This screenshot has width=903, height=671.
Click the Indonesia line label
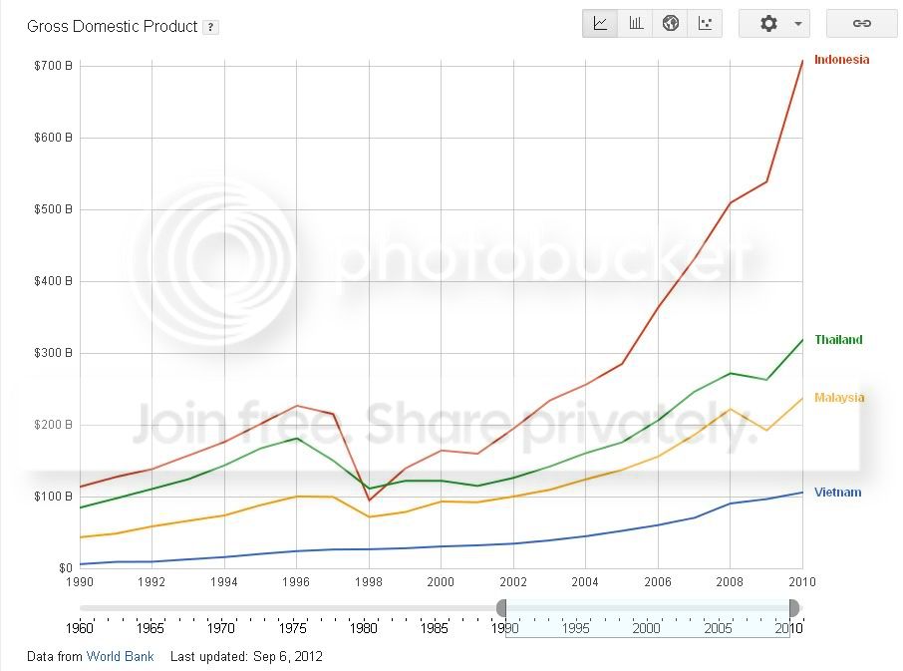click(841, 60)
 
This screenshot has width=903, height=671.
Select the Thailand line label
click(838, 340)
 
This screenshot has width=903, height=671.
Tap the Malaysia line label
click(839, 398)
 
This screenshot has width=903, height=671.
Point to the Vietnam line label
click(837, 493)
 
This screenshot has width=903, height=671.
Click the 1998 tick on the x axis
click(369, 582)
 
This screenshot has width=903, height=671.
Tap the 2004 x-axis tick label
click(585, 582)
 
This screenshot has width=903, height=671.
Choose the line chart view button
click(601, 24)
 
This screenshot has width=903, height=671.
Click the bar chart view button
click(636, 24)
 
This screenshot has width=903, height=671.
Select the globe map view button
click(671, 24)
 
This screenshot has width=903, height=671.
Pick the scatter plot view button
click(706, 24)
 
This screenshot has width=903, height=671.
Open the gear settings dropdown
click(774, 24)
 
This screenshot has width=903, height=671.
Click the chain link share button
click(862, 24)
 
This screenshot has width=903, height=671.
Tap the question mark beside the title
click(210, 28)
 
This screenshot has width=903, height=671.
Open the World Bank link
click(120, 657)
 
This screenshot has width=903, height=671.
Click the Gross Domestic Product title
click(113, 27)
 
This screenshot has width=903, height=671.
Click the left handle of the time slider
click(502, 608)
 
